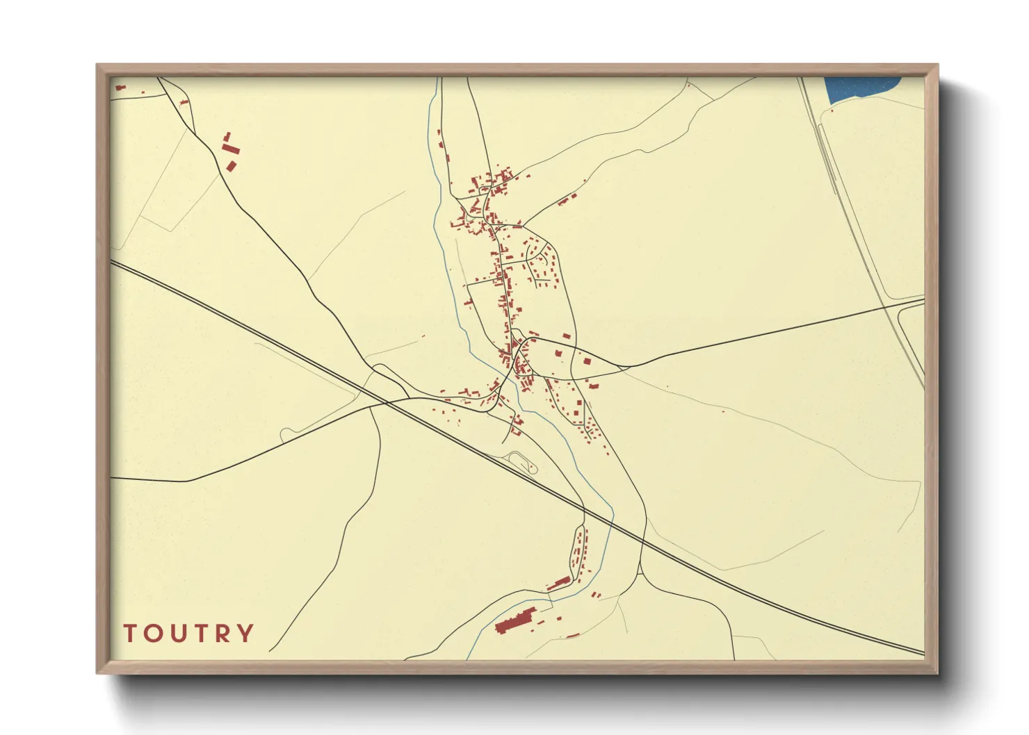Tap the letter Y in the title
(245, 634)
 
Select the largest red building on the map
(515, 620)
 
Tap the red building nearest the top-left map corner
(120, 88)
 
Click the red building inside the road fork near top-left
(184, 103)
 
